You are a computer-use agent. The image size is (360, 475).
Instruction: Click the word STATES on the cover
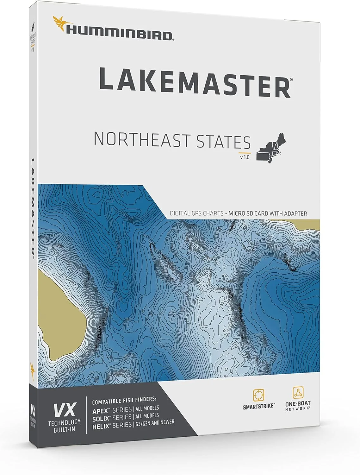pos(223,142)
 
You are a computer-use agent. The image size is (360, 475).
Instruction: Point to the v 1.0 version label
pos(245,157)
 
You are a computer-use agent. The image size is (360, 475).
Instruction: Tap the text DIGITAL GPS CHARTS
pos(196,213)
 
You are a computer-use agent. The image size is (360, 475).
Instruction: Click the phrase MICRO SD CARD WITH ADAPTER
pos(268,213)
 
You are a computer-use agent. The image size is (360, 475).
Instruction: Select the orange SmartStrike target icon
pos(258,395)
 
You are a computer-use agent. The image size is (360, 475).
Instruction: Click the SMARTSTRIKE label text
pos(259,407)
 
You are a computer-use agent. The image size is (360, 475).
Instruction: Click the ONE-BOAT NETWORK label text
pos(298,406)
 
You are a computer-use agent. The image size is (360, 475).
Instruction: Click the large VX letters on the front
pos(65,410)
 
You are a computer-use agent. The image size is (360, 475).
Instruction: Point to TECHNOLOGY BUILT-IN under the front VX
pos(64,426)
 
